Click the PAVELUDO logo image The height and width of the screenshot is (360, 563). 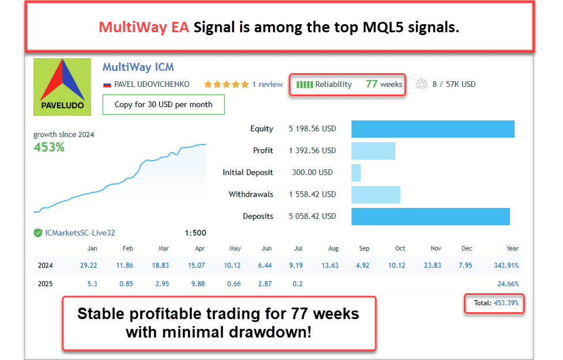click(62, 86)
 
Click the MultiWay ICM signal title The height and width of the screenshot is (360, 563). click(138, 67)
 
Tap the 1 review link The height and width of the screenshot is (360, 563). click(267, 84)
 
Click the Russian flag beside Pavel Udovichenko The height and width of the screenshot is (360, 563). click(107, 85)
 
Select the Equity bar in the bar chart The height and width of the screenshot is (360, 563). click(432, 128)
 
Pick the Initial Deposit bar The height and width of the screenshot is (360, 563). click(356, 172)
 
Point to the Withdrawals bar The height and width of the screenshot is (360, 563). click(375, 194)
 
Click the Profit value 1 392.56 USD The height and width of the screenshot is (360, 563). click(312, 150)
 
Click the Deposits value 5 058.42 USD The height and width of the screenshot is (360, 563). click(312, 216)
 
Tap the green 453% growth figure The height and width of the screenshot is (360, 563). click(49, 147)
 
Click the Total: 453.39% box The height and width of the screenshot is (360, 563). click(494, 303)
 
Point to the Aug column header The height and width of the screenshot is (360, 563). click(333, 248)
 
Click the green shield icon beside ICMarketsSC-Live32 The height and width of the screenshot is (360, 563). click(38, 233)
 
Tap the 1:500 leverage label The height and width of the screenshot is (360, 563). click(195, 233)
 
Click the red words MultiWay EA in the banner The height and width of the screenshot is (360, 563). click(143, 27)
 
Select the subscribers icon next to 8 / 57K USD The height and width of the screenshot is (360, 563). click(422, 84)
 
